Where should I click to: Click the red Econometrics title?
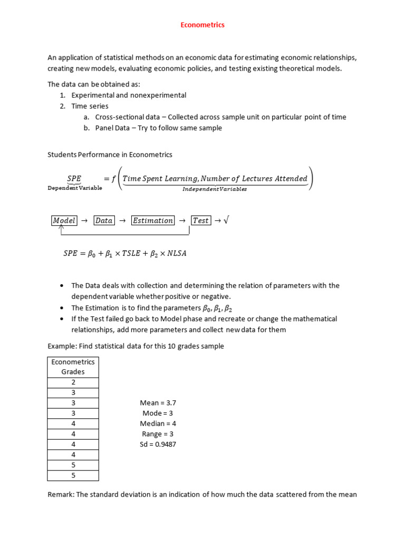202,25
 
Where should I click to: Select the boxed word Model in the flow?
64,220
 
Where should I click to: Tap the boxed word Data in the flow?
103,220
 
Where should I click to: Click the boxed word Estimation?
152,220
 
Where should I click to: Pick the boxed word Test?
200,220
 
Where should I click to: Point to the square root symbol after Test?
226,220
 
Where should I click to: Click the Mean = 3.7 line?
158,403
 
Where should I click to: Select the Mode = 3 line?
158,413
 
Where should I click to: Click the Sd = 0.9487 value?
158,444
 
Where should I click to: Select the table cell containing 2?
73,382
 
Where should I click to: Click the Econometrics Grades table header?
73,367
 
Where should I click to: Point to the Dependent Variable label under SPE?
75,188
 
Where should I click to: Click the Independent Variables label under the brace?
214,189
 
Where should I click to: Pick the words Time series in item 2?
90,106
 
